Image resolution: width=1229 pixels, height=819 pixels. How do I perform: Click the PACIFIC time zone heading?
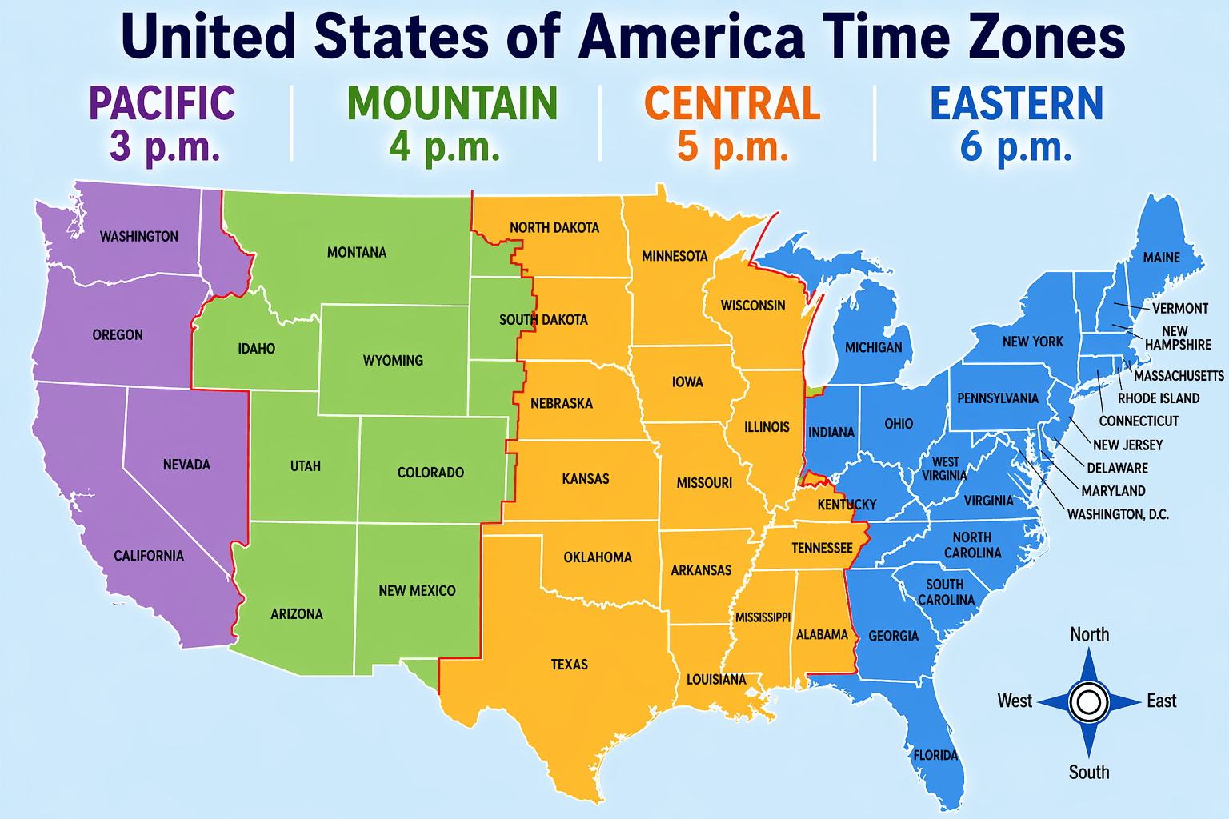click(162, 103)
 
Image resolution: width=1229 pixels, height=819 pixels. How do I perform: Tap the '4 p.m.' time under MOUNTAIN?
click(444, 146)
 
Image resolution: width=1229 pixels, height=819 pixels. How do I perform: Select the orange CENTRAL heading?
click(732, 103)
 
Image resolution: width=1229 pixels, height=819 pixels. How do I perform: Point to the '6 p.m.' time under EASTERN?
click(1015, 146)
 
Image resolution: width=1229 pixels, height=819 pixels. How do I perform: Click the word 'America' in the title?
click(691, 37)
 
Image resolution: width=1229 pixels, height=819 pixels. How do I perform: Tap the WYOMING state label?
click(393, 361)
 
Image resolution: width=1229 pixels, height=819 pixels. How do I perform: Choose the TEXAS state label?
click(569, 665)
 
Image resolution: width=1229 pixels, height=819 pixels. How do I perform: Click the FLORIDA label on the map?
click(935, 755)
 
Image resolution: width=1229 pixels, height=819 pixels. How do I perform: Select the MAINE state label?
click(1161, 258)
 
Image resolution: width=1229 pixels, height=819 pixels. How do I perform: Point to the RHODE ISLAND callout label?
click(1158, 398)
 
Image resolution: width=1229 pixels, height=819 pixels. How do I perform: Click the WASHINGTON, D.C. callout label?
click(1118, 514)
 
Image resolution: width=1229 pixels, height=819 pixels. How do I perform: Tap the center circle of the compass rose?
click(1088, 702)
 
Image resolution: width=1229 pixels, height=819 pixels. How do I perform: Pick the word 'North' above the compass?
click(1089, 635)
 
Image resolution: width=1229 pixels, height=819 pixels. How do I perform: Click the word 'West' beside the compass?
click(1015, 701)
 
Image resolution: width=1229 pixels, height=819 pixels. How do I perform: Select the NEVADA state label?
click(186, 465)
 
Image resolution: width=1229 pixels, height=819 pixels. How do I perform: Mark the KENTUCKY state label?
click(847, 505)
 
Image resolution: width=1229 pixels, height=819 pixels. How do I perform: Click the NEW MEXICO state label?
click(417, 591)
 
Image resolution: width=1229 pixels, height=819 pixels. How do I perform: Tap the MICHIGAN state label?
click(873, 347)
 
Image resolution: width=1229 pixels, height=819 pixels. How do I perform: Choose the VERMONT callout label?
click(1179, 309)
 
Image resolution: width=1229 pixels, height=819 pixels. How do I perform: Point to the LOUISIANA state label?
click(716, 680)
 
